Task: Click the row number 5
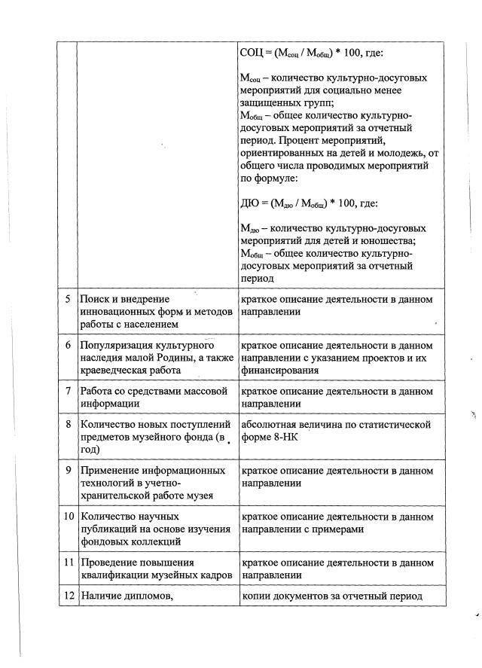click(68, 299)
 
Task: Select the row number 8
click(68, 425)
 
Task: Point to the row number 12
click(68, 596)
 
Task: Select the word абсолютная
click(269, 425)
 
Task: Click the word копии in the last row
click(255, 596)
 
